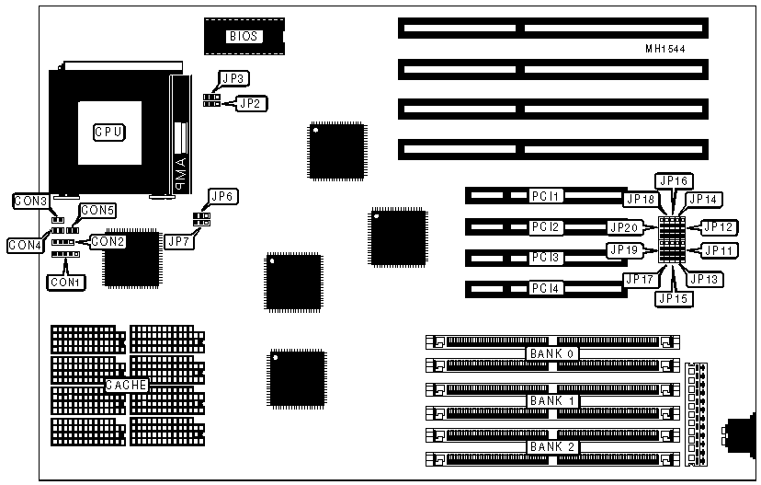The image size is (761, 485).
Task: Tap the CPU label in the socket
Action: pyautogui.click(x=108, y=132)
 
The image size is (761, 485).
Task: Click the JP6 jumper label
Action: pyautogui.click(x=223, y=196)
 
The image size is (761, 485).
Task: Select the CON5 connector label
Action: pyautogui.click(x=97, y=211)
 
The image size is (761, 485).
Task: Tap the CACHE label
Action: pyautogui.click(x=127, y=385)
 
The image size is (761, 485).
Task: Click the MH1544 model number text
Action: pyautogui.click(x=664, y=48)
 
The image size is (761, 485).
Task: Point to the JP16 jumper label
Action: pyautogui.click(x=673, y=180)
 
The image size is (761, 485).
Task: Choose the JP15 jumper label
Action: pyautogui.click(x=674, y=297)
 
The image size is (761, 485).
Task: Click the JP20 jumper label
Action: pyautogui.click(x=624, y=226)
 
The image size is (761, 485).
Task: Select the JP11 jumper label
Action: pyautogui.click(x=719, y=248)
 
